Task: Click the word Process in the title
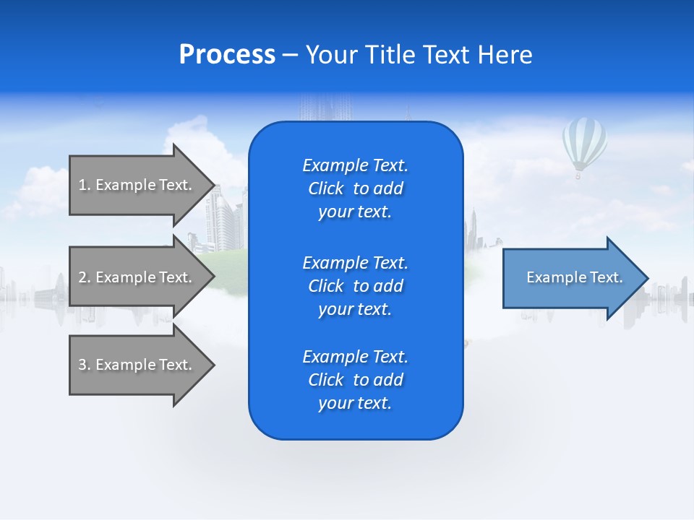pos(227,55)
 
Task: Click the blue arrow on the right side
pos(571,278)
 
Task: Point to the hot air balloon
pos(584,143)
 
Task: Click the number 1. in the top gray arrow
pos(85,185)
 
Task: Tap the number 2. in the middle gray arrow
pos(85,277)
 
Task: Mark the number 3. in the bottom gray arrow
pos(85,365)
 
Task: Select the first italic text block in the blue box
pos(355,188)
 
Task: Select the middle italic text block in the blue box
pos(355,286)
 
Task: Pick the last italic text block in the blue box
pos(355,380)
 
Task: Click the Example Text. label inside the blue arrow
pos(574,277)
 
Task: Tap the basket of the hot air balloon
pos(578,175)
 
